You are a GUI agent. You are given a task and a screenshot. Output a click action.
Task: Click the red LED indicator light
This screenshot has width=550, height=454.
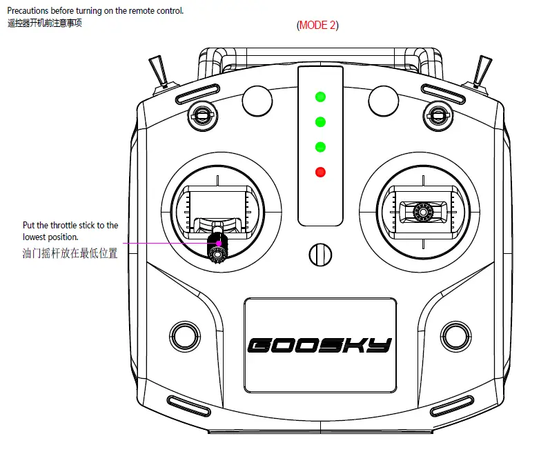(320, 172)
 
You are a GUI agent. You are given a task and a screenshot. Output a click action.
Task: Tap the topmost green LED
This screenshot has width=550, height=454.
(320, 97)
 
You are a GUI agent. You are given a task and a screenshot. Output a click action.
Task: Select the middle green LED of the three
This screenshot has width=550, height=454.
(320, 122)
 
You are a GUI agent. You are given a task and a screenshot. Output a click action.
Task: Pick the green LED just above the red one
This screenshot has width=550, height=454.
(320, 147)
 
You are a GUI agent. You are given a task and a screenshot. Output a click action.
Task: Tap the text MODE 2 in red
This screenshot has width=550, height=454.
(318, 26)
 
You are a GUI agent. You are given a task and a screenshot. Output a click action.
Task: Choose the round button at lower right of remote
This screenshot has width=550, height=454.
(455, 336)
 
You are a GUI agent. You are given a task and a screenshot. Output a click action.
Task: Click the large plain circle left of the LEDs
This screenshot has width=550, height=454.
(256, 100)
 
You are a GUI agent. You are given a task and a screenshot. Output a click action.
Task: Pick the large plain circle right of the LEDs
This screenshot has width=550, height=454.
(384, 100)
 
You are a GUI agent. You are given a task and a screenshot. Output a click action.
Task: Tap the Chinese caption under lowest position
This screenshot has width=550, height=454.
(70, 253)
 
